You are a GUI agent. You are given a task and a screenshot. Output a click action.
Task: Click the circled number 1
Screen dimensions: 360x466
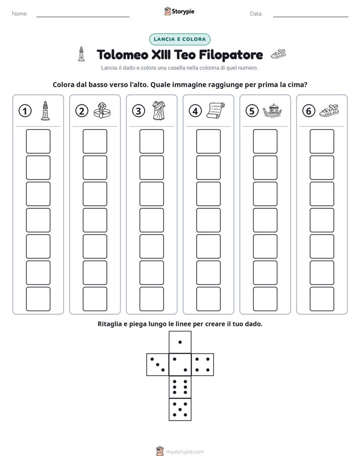pyautogui.click(x=25, y=111)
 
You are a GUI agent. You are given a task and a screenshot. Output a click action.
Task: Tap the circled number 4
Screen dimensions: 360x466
pyautogui.click(x=195, y=111)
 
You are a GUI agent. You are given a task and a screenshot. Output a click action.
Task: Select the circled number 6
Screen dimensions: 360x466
pyautogui.click(x=309, y=111)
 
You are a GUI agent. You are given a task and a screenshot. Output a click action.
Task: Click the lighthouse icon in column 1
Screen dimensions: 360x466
pyautogui.click(x=45, y=110)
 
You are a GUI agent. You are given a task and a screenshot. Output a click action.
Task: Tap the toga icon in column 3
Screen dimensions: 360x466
pyautogui.click(x=159, y=110)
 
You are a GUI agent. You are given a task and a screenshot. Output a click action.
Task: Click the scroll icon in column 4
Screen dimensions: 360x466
pyautogui.click(x=215, y=110)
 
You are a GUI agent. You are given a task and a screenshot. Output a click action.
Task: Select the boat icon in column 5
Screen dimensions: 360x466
pyautogui.click(x=272, y=111)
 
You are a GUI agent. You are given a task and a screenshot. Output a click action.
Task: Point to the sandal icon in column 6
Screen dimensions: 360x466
pyautogui.click(x=329, y=110)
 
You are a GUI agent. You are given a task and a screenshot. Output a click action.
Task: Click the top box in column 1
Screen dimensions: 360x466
pyautogui.click(x=38, y=141)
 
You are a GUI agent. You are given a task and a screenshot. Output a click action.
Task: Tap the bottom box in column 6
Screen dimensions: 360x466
pyautogui.click(x=322, y=299)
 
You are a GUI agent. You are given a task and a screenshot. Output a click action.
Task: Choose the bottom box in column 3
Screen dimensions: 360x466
pyautogui.click(x=151, y=299)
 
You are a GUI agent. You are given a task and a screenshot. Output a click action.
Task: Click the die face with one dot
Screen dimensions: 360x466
pyautogui.click(x=180, y=342)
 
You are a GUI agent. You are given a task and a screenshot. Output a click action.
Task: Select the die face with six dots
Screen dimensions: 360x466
pyautogui.click(x=180, y=387)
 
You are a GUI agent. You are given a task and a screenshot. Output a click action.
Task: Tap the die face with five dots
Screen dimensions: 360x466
pyautogui.click(x=180, y=410)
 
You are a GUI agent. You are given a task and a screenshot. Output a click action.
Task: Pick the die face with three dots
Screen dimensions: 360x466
pyautogui.click(x=158, y=365)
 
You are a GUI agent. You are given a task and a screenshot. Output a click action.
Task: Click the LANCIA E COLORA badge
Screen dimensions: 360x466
pyautogui.click(x=179, y=39)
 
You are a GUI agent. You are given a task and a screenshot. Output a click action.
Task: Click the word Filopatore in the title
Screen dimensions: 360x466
pyautogui.click(x=231, y=55)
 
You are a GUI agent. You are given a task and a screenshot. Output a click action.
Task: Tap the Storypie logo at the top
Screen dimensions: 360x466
pyautogui.click(x=179, y=11)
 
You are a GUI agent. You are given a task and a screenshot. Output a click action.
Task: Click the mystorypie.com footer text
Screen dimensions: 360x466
pyautogui.click(x=185, y=452)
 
